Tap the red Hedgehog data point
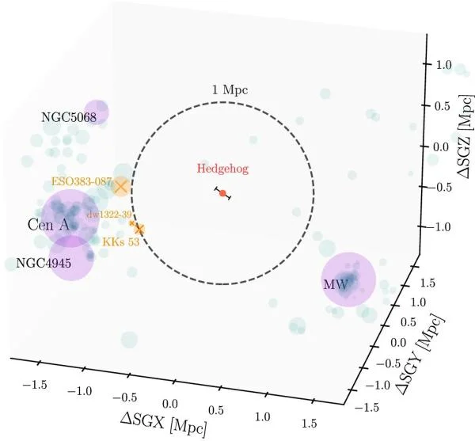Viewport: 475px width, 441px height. click(222, 193)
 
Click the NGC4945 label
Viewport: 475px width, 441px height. click(43, 264)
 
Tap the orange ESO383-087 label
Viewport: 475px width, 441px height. click(80, 181)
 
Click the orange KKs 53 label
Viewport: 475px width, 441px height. click(122, 242)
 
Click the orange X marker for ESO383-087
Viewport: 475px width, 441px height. click(120, 187)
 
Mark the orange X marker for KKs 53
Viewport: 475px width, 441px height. click(139, 230)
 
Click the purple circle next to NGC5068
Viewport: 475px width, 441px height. click(97, 112)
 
